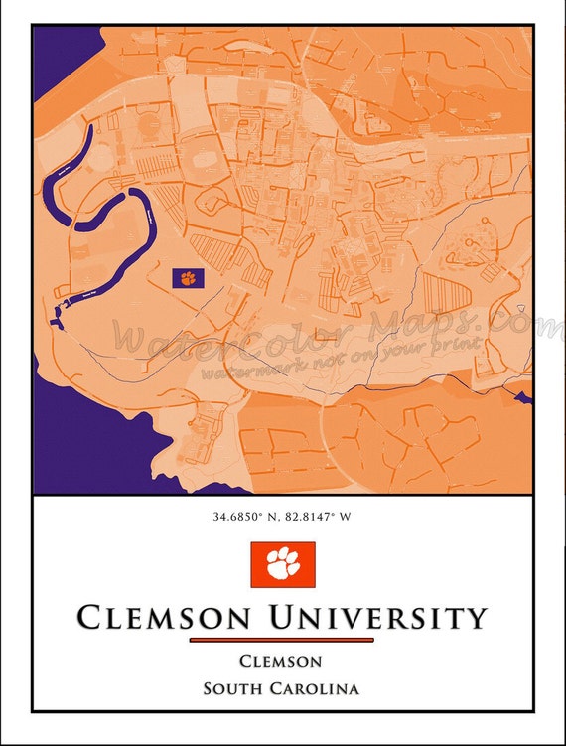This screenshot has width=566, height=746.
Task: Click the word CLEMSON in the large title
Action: coord(164,618)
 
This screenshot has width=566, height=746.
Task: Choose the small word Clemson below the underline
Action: coord(281,662)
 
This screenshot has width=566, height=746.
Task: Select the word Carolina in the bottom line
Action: coord(317,687)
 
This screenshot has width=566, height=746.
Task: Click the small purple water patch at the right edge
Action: coord(522,398)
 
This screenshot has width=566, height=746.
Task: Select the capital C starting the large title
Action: coord(89,618)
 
